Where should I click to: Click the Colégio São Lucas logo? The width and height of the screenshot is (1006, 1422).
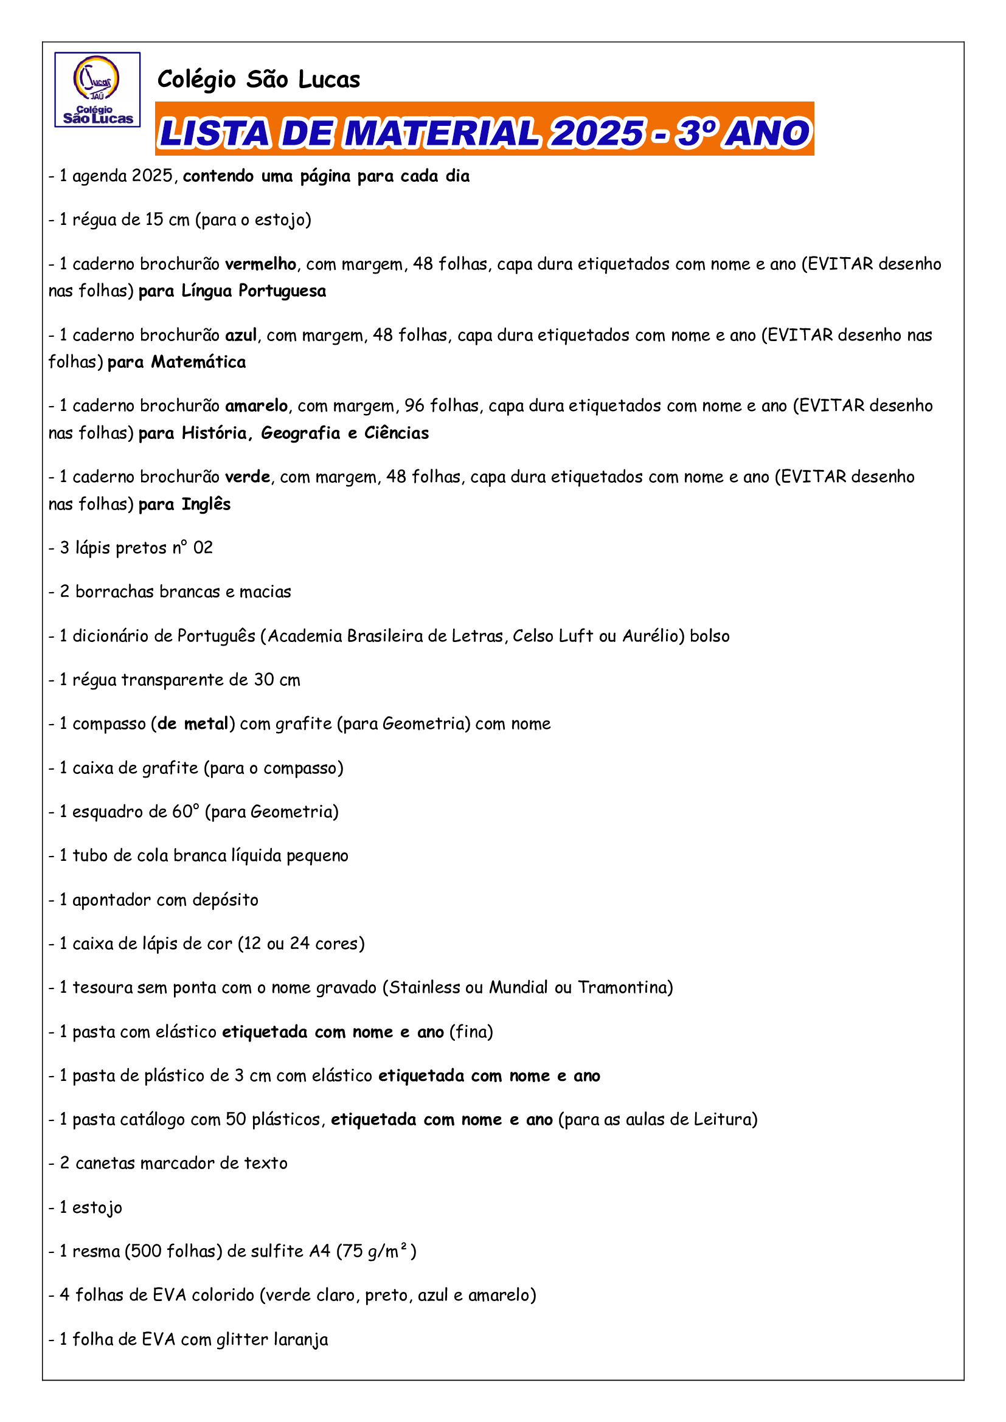(x=97, y=90)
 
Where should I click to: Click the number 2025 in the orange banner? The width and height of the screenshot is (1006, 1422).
(x=598, y=133)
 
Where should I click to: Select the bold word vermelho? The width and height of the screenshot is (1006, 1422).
(x=260, y=264)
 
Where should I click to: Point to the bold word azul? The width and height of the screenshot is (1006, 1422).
(x=240, y=335)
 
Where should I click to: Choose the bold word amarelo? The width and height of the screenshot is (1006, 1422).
(x=256, y=406)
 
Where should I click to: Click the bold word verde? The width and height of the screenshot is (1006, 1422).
(x=247, y=477)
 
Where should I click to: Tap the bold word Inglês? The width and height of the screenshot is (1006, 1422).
(x=206, y=504)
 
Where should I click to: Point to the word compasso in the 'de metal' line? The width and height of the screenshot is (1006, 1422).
(x=109, y=724)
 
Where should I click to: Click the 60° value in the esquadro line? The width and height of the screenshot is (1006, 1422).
(x=186, y=812)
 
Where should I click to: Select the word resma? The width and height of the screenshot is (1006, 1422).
(x=95, y=1252)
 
